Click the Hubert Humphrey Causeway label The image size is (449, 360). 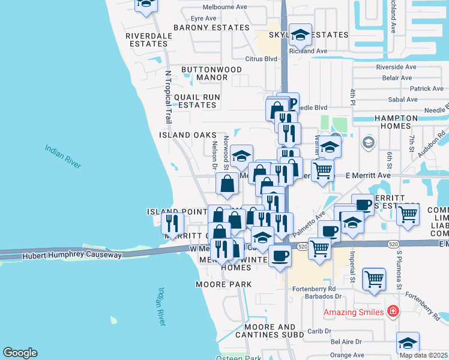pyautogui.click(x=72, y=255)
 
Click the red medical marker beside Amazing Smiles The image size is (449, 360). pyautogui.click(x=393, y=311)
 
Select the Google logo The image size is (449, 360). pyautogui.click(x=20, y=353)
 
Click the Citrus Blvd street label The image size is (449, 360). pyautogui.click(x=261, y=59)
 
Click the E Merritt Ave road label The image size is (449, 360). pyautogui.click(x=369, y=175)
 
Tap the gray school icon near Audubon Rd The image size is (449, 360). pyautogui.click(x=368, y=143)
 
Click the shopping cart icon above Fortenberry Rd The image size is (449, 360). pyautogui.click(x=374, y=278)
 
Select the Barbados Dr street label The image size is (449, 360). pyautogui.click(x=324, y=296)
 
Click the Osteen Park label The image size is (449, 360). pyautogui.click(x=240, y=358)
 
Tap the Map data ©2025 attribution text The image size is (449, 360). pyautogui.click(x=423, y=355)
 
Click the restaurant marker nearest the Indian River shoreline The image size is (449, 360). pyautogui.click(x=173, y=224)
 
